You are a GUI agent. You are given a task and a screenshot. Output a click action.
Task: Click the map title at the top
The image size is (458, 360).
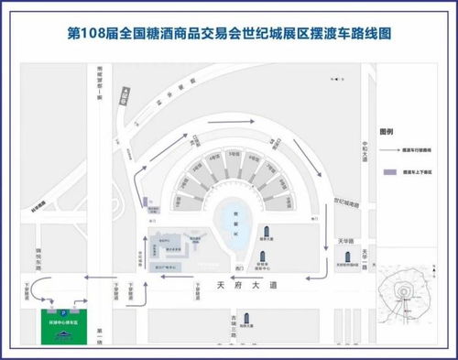[229, 33]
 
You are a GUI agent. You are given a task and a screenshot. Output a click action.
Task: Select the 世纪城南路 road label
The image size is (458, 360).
[346, 200]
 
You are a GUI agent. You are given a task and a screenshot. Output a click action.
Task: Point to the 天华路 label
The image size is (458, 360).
[346, 240]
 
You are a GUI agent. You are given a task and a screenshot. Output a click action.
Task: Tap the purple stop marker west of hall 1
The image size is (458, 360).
[147, 202]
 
